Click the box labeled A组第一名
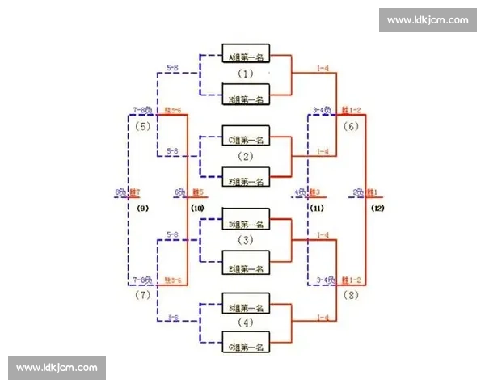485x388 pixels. point(247,57)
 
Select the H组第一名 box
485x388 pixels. point(247,99)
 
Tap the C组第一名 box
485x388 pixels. point(247,139)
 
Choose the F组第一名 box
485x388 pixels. point(247,181)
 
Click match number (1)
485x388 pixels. point(246,74)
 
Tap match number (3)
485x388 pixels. point(246,240)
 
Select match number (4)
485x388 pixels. point(246,323)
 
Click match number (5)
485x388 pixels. point(143,127)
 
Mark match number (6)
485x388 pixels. point(351,127)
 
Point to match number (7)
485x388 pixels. point(143,295)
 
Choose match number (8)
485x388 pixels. point(351,295)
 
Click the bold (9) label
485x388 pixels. point(143,209)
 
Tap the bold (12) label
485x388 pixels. point(377,209)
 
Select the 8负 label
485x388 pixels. point(120,192)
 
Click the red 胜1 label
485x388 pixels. point(373,192)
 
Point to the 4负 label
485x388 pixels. point(299,192)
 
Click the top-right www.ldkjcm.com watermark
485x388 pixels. point(427,20)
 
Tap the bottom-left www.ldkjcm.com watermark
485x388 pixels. point(57,368)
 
